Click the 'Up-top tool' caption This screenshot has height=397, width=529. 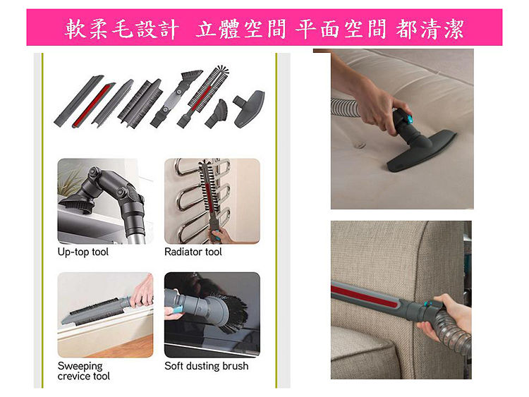pyautogui.click(x=83, y=252)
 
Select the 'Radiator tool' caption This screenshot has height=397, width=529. pyautogui.click(x=193, y=252)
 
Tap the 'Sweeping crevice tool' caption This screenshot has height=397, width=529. pyautogui.click(x=84, y=371)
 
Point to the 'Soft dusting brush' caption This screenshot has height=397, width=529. pyautogui.click(x=207, y=366)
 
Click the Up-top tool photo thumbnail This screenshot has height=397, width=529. pyautogui.click(x=105, y=201)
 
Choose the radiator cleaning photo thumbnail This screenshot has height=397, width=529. pyautogui.click(x=212, y=201)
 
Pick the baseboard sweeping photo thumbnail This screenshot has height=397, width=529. pyautogui.click(x=105, y=315)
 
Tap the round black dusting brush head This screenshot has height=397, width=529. pyautogui.click(x=233, y=312)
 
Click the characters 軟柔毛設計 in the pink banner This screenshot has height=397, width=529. pyautogui.click(x=121, y=29)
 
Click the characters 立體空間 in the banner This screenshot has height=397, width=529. pyautogui.click(x=241, y=29)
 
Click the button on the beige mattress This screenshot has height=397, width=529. pyautogui.click(x=359, y=146)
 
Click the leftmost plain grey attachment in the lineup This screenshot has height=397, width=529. pyautogui.click(x=78, y=101)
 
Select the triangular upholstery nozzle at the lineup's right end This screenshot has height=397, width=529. pyautogui.click(x=249, y=109)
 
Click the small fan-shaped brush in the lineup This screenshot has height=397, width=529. pyautogui.click(x=217, y=114)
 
